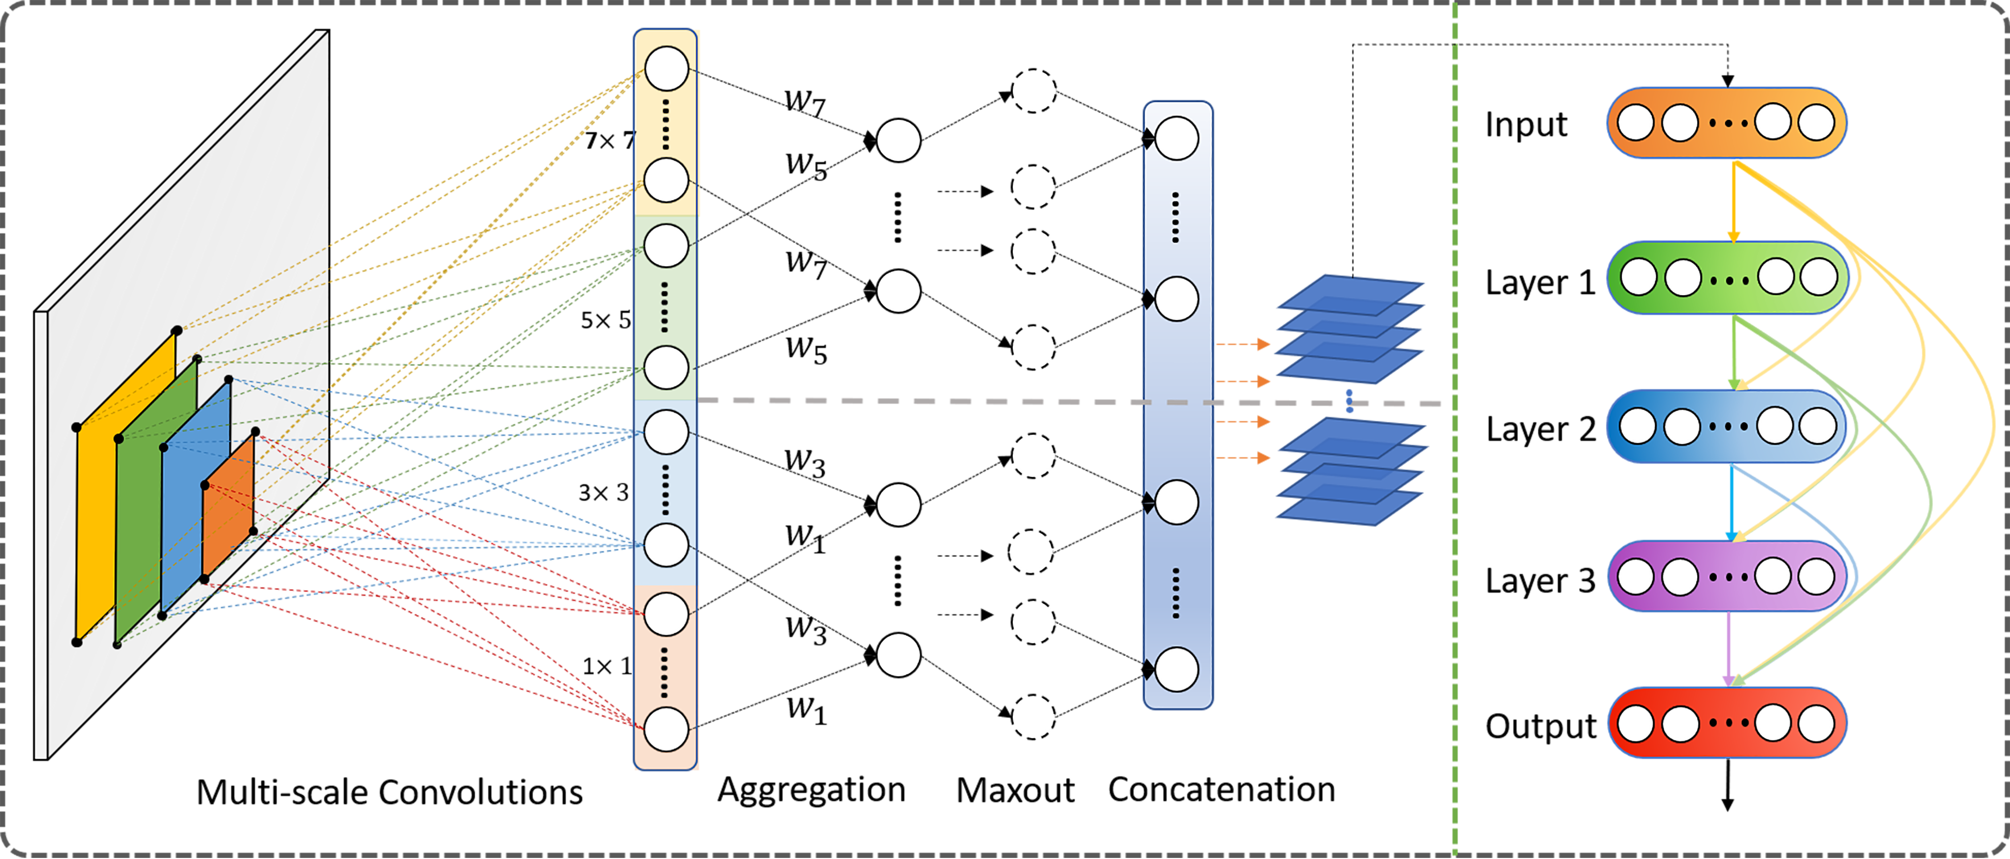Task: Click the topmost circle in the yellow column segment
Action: (665, 69)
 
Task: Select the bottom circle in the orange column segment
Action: (665, 729)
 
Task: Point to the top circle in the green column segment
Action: (665, 245)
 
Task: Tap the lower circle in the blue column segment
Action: (665, 545)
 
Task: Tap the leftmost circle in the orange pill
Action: (1636, 123)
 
